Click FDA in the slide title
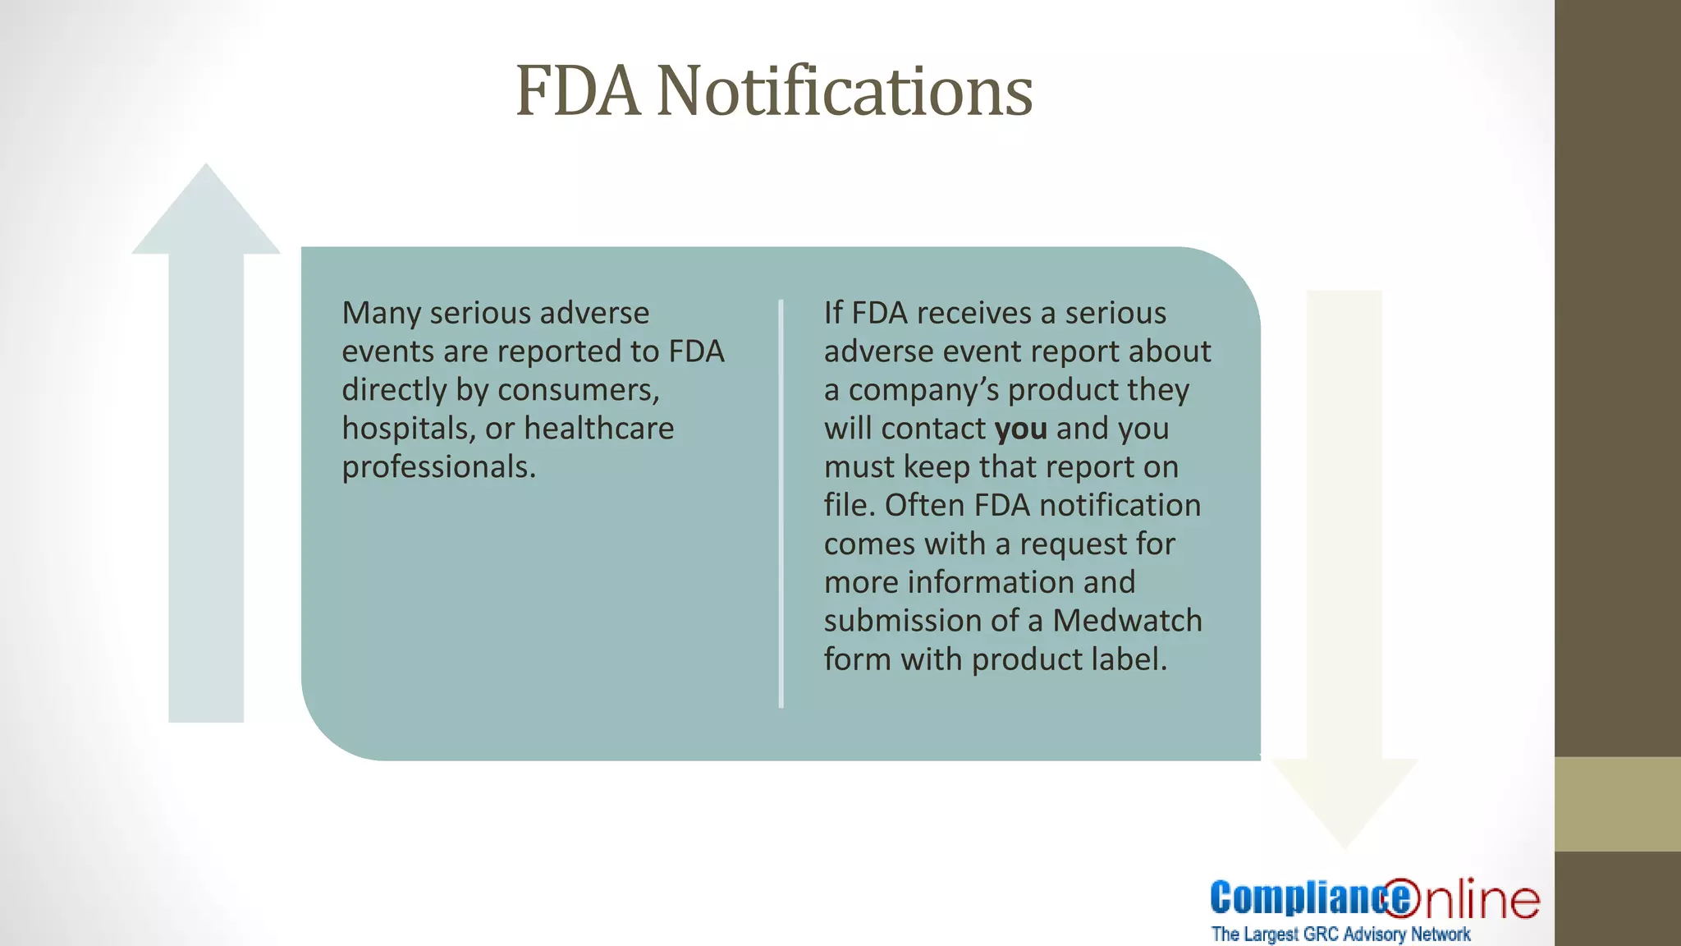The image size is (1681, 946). click(577, 91)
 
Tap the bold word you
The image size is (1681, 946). click(1020, 429)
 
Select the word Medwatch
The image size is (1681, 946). click(1127, 621)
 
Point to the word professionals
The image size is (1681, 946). click(438, 467)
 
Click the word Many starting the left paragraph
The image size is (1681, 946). click(380, 314)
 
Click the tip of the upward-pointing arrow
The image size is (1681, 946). click(206, 168)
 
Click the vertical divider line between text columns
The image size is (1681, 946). click(781, 503)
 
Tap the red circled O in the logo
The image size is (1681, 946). click(1401, 898)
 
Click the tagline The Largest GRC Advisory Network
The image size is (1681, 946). click(1340, 935)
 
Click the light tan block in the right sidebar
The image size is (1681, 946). click(1617, 804)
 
